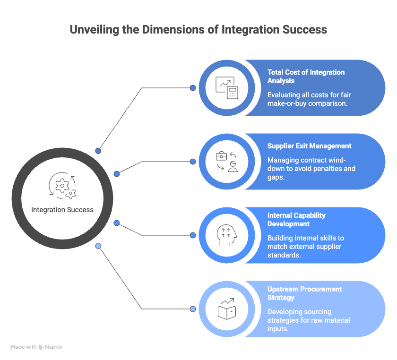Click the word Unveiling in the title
point(94,30)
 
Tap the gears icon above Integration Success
point(62,186)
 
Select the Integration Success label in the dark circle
point(62,210)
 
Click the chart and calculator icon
point(226,88)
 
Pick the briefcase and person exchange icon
point(226,162)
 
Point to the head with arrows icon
point(226,235)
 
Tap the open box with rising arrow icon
point(227,309)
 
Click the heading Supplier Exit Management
point(310,146)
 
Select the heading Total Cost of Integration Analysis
point(306,77)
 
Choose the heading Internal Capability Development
point(296,220)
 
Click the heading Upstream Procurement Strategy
point(304,293)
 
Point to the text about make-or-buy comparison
point(310,99)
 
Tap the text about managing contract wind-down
point(311,169)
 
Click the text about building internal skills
point(306,246)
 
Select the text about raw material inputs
point(309,320)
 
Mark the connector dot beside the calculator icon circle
point(193,88)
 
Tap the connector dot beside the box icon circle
point(193,309)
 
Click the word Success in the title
point(305,30)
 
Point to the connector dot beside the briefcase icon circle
point(193,162)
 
